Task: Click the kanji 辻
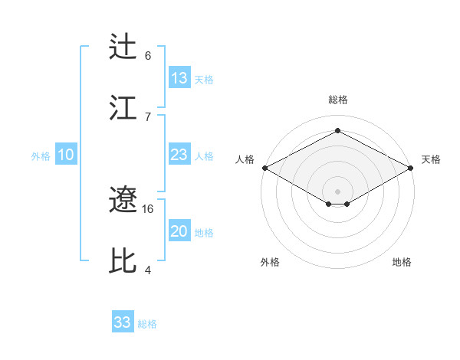coord(124,47)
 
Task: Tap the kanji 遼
coord(124,201)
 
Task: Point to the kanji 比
coord(124,260)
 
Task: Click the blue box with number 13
coord(179,78)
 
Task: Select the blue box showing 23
coord(179,155)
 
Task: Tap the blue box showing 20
coord(179,231)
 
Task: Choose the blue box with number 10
coord(66,155)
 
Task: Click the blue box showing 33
coord(123,322)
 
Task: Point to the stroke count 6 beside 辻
coord(148,55)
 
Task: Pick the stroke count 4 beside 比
coord(148,269)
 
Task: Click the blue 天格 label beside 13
coord(204,80)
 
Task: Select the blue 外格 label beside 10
coord(41,156)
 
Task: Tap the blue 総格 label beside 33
coord(147,324)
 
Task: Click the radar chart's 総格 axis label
coord(338,100)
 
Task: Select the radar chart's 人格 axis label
coord(245,159)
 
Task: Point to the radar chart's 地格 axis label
coord(402,262)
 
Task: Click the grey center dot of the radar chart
coord(338,191)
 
